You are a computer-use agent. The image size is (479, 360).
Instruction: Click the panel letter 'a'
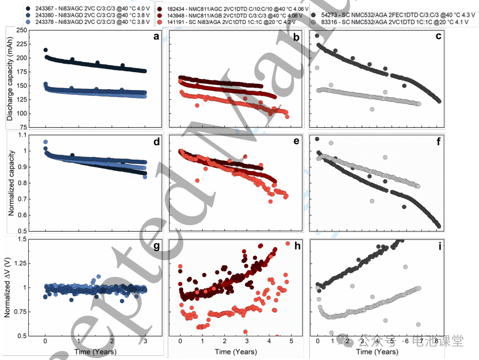[155, 36]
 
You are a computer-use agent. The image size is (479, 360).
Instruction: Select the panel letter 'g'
[155, 247]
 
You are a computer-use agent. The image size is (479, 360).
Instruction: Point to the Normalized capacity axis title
[10, 182]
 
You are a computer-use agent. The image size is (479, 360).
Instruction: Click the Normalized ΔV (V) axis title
[10, 286]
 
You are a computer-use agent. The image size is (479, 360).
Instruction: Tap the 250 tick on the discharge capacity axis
[22, 30]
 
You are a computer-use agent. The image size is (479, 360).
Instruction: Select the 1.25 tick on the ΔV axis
[22, 263]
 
